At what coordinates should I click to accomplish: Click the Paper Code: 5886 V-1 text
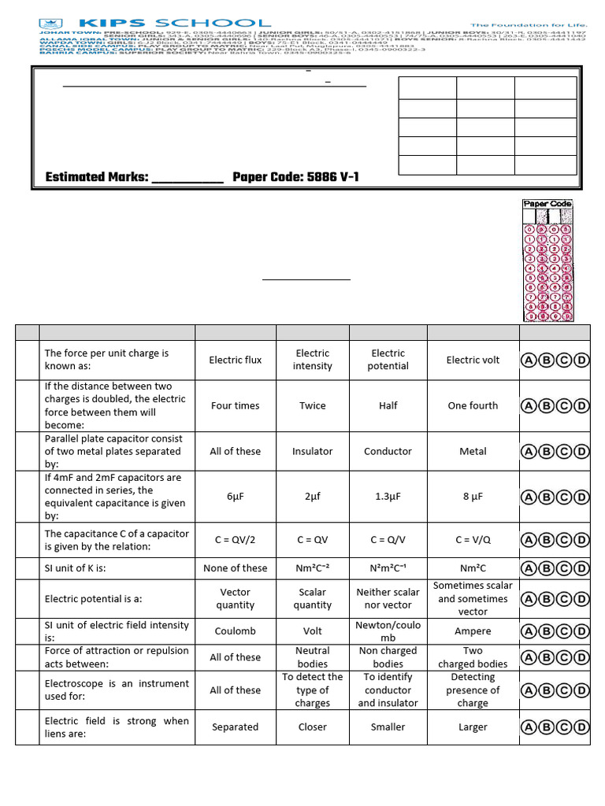pos(295,177)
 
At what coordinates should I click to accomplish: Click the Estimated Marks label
pos(97,177)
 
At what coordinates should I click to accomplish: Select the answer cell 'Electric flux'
pos(235,360)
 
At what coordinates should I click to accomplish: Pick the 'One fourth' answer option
pos(473,406)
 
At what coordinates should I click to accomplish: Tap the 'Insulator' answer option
pos(312,452)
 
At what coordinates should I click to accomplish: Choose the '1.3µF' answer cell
pos(388,497)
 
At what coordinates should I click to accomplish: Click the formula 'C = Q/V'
pos(388,540)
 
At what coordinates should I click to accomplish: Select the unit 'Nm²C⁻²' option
pos(312,568)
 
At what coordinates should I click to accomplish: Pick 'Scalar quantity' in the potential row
pos(312,599)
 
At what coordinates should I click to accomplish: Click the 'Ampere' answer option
pos(473,631)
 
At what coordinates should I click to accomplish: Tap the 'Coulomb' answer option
pos(235,631)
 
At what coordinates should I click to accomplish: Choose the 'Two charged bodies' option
pos(473,657)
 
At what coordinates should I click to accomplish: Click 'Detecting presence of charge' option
pos(473,690)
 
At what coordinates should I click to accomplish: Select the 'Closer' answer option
pos(312,727)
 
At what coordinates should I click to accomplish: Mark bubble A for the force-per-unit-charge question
pos(529,360)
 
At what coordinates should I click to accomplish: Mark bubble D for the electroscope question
pos(581,690)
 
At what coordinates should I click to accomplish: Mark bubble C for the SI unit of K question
pos(564,568)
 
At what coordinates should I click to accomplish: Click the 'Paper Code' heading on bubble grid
pos(547,205)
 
